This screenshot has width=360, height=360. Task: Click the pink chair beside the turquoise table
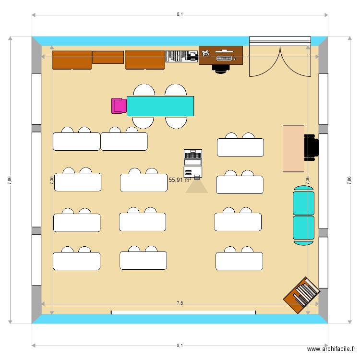click(118, 106)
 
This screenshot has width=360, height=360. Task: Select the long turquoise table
click(160, 106)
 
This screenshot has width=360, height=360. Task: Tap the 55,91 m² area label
click(180, 180)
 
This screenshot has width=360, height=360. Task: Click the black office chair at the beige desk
click(311, 147)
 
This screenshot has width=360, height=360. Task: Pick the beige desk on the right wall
click(293, 148)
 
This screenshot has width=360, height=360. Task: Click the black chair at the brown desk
click(221, 68)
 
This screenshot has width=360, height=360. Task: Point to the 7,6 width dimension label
click(180, 303)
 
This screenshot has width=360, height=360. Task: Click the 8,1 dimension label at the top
click(180, 14)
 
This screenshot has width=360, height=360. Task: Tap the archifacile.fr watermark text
click(332, 349)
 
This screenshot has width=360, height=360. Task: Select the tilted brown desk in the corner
click(301, 294)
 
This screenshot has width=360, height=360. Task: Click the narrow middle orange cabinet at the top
click(108, 57)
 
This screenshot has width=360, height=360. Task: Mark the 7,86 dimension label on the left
click(10, 180)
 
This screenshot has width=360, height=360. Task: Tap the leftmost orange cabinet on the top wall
click(72, 60)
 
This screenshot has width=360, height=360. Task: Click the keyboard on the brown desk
click(224, 58)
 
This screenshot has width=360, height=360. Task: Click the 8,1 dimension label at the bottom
click(180, 345)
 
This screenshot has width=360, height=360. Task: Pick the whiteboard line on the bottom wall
click(183, 312)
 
